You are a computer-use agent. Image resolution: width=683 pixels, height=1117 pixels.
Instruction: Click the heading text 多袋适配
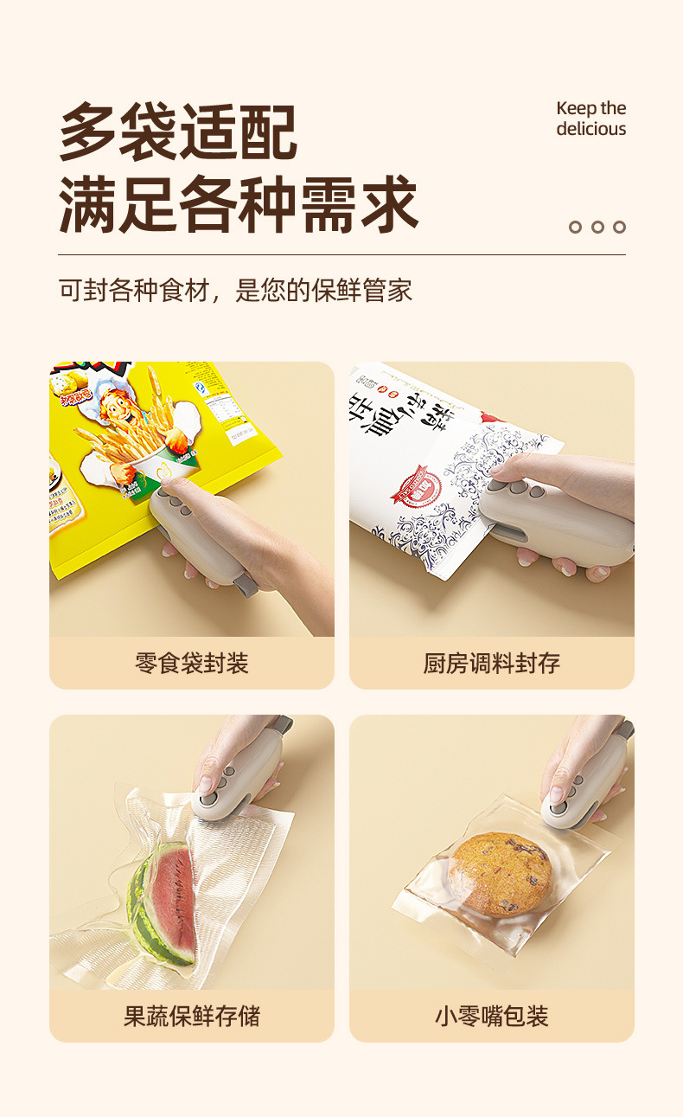(x=178, y=132)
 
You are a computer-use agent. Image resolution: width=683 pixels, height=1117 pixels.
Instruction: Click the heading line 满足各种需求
(x=239, y=204)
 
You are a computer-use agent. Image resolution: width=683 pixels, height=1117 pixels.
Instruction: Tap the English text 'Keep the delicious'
(x=590, y=119)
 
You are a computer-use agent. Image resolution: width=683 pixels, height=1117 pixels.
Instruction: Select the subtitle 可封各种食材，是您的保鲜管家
(x=235, y=290)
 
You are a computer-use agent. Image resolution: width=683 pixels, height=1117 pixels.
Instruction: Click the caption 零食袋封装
(x=192, y=664)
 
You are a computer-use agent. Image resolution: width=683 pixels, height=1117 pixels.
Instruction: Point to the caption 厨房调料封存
(x=491, y=664)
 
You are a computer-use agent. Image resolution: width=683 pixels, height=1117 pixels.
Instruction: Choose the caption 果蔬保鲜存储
(x=192, y=1016)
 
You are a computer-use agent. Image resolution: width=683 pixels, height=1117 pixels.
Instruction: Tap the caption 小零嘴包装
(x=491, y=1016)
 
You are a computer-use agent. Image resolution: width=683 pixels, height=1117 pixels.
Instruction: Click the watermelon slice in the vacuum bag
(x=164, y=904)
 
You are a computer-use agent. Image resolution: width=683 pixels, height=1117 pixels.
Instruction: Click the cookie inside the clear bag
(x=501, y=874)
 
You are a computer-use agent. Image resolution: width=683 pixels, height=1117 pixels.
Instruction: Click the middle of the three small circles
(x=597, y=227)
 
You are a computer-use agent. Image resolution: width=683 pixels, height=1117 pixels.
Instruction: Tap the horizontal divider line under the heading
(x=341, y=254)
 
